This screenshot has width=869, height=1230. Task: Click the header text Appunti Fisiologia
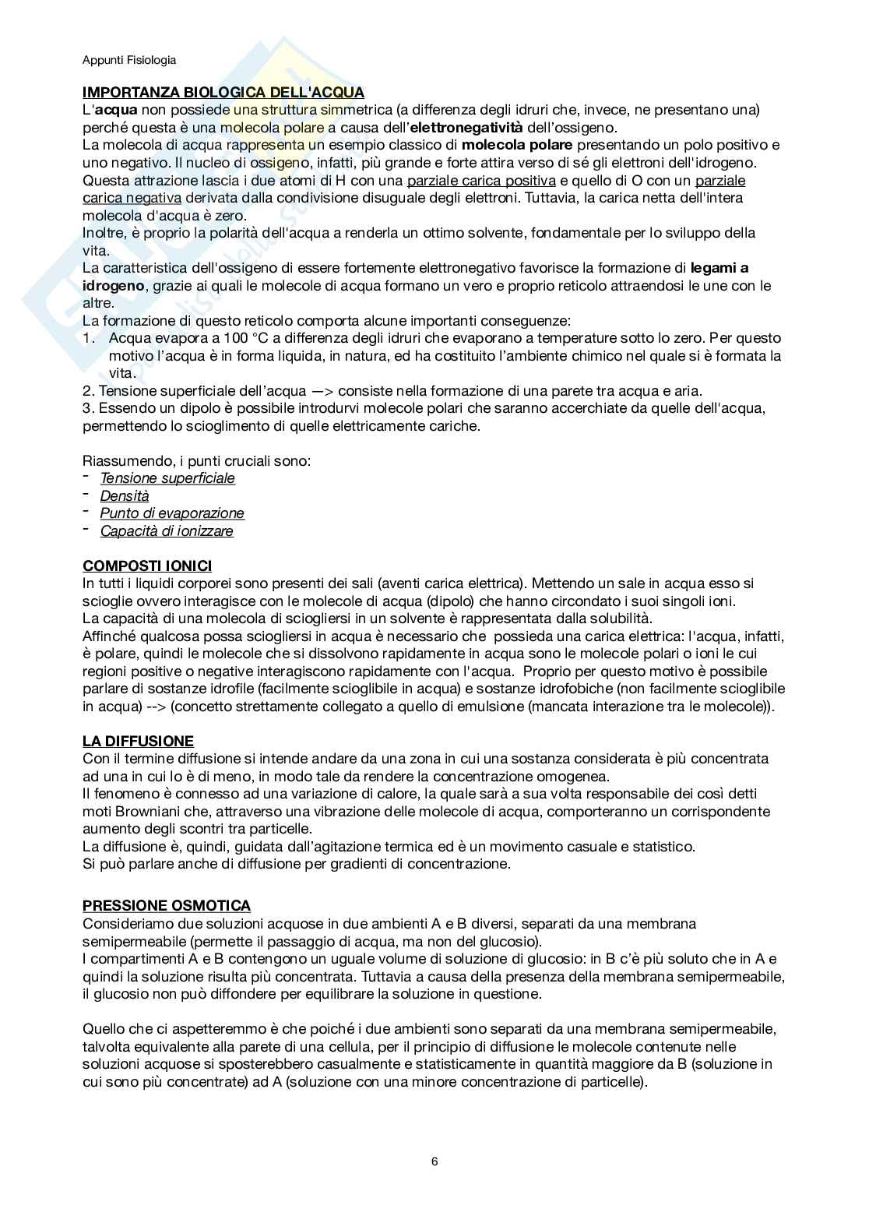click(x=129, y=59)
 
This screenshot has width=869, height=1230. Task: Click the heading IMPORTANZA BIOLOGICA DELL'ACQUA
click(x=223, y=93)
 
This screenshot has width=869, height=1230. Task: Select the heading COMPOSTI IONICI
click(x=146, y=566)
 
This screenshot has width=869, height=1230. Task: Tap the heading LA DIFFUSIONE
click(x=138, y=741)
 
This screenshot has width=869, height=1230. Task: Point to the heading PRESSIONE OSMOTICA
click(x=167, y=905)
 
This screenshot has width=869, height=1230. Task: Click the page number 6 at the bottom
click(x=434, y=1161)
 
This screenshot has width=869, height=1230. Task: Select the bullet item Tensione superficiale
click(x=167, y=478)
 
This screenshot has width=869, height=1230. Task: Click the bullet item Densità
click(x=125, y=495)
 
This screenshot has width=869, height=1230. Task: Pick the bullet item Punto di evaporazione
click(x=172, y=513)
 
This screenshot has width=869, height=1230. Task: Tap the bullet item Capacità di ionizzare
click(x=167, y=531)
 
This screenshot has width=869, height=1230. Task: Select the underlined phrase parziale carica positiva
click(x=482, y=181)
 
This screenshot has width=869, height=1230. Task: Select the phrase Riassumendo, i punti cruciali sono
click(x=197, y=460)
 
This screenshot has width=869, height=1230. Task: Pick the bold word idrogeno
click(x=114, y=286)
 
